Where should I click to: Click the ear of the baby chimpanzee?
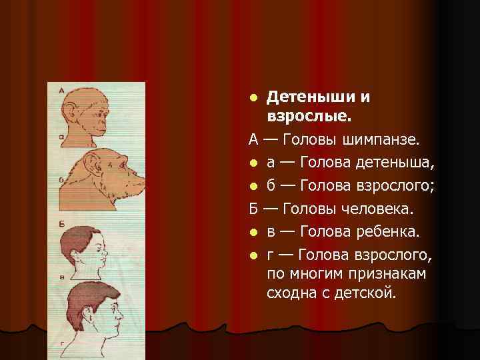point(74,110)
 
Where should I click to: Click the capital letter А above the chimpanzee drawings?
point(61,91)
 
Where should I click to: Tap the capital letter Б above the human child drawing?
point(61,223)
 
